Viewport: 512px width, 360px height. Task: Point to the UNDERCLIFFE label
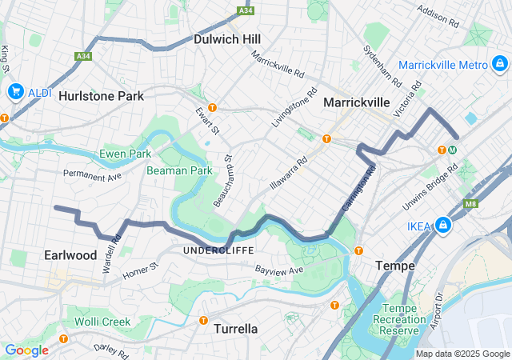point(218,251)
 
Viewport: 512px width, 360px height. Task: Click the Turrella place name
point(235,328)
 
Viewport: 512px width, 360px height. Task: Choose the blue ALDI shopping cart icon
point(14,92)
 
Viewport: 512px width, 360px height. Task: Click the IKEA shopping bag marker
point(443,227)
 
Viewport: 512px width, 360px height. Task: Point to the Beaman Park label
point(179,170)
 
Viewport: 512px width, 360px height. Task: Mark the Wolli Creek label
point(105,322)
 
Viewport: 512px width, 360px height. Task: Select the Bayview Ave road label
point(279,271)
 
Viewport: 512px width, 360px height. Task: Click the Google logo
point(26,350)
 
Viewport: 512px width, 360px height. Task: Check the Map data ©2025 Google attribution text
point(462,354)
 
